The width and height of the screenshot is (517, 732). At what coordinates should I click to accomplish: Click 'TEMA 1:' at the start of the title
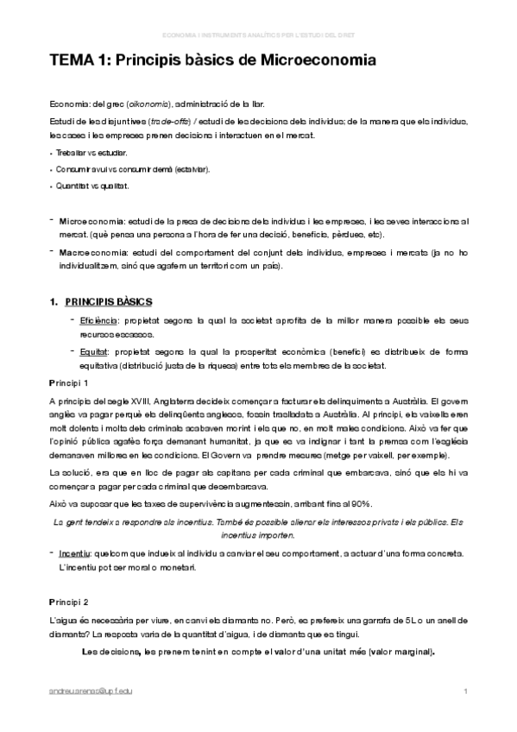tap(79, 61)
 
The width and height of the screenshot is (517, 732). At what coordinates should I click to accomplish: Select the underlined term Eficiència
tap(101, 320)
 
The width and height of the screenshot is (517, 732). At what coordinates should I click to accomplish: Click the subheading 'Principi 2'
tap(69, 601)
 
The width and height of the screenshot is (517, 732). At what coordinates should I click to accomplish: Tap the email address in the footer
tap(96, 691)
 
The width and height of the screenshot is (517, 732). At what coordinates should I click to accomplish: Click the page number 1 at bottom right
tap(465, 691)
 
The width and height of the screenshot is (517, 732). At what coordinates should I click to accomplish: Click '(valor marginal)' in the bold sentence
tap(399, 652)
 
